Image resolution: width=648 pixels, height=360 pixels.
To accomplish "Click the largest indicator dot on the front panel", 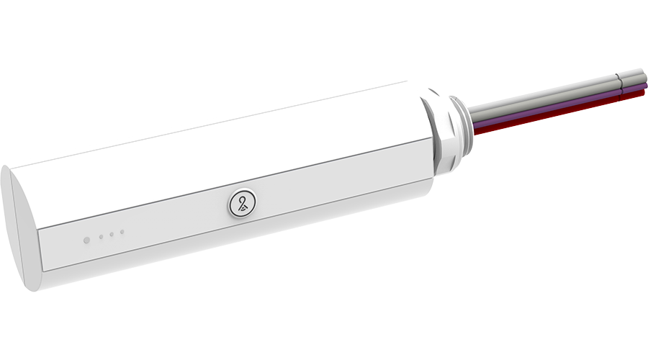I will click(x=86, y=240).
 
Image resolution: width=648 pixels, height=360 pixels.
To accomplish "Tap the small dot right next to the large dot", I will click(x=102, y=236).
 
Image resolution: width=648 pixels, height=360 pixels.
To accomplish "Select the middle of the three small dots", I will click(x=112, y=234).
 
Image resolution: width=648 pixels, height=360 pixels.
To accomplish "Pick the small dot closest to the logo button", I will click(x=122, y=232).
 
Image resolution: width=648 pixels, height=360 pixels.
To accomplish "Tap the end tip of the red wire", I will click(x=643, y=93).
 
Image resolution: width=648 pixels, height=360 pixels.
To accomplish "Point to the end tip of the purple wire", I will click(x=644, y=86).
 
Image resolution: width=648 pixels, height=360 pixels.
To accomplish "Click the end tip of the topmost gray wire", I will click(x=641, y=73).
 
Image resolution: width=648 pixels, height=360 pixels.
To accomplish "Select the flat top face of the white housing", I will click(x=216, y=144).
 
